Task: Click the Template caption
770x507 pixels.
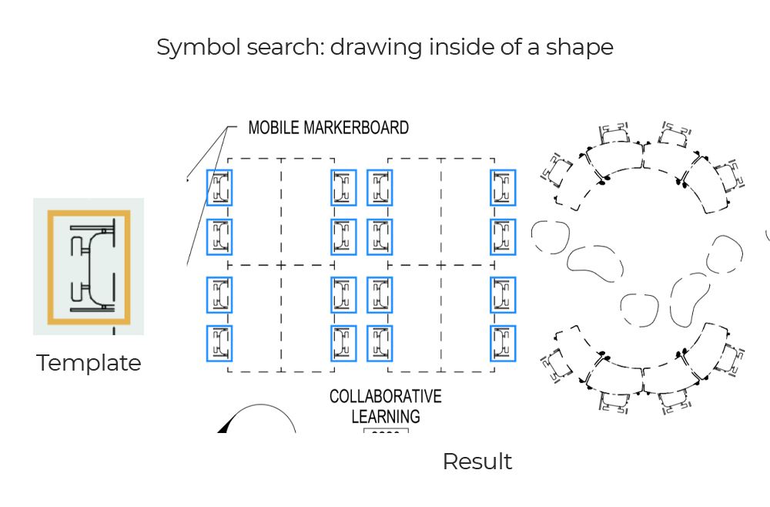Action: pos(89,363)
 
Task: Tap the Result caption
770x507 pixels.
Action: pos(477,462)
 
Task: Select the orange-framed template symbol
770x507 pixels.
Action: pos(89,267)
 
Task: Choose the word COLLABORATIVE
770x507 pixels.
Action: pos(386,397)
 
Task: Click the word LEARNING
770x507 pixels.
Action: pos(386,417)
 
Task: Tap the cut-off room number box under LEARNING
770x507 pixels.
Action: pos(386,431)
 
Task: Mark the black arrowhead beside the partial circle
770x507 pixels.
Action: pos(226,425)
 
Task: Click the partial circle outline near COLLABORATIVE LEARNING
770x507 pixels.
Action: pos(266,407)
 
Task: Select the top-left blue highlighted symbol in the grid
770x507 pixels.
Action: pos(219,187)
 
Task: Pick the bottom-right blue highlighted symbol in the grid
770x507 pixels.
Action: pos(503,344)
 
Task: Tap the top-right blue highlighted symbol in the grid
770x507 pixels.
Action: pos(503,187)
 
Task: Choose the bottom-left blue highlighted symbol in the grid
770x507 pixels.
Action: pos(219,344)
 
